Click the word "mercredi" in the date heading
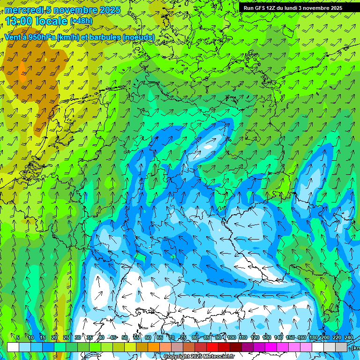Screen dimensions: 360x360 (x=22, y=10)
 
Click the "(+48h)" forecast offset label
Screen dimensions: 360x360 (x=81, y=21)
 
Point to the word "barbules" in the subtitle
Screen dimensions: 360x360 (x=104, y=37)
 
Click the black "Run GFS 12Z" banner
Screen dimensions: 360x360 (x=293, y=7)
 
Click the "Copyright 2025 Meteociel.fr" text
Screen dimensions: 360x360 (x=199, y=357)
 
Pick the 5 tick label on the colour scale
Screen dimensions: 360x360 (x=18, y=337)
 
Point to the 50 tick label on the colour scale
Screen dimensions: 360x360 (x=124, y=337)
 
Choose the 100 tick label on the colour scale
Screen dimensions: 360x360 (x=231, y=337)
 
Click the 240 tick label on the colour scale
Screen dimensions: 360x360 (x=349, y=337)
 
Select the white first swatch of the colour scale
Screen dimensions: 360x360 (x=13, y=347)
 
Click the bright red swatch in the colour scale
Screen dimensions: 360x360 (x=212, y=347)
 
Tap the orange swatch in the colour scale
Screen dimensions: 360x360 (x=154, y=347)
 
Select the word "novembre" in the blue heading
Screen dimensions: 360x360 (x=74, y=10)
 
